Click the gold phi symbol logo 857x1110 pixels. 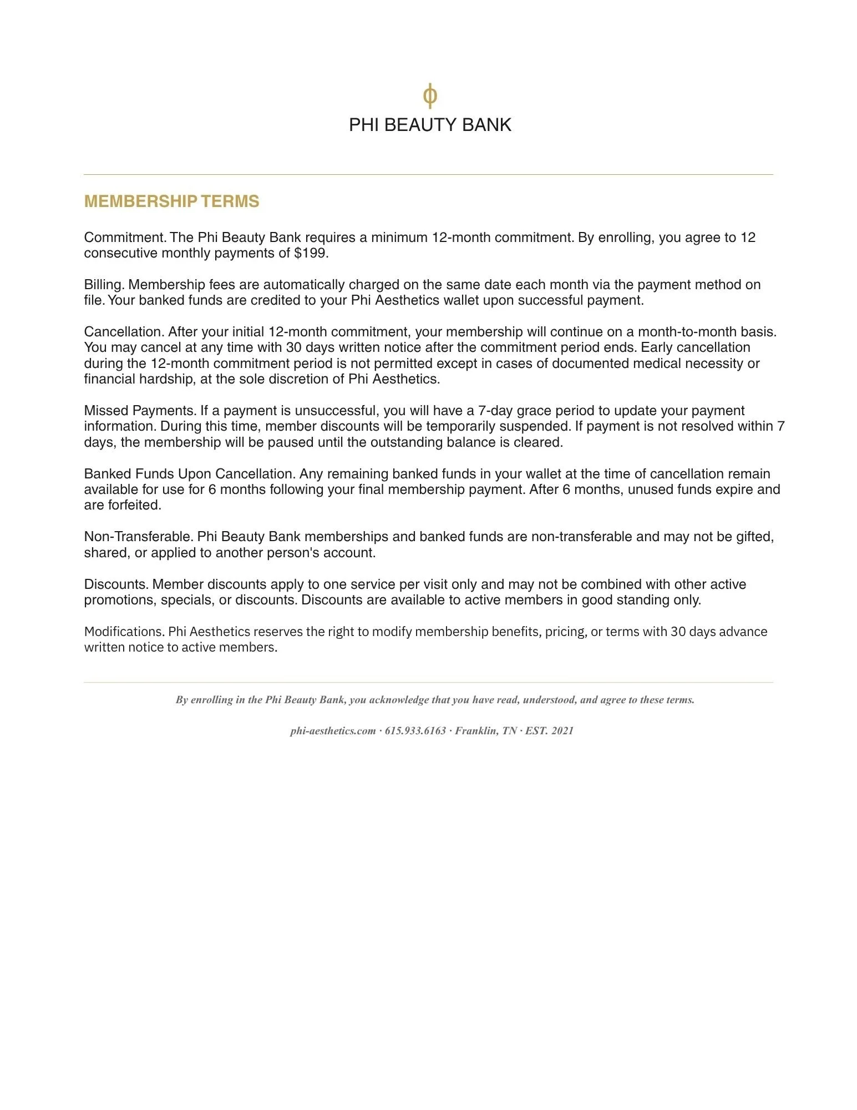pyautogui.click(x=430, y=95)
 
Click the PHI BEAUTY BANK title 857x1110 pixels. pyautogui.click(x=430, y=125)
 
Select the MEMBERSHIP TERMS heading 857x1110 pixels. pyautogui.click(x=171, y=201)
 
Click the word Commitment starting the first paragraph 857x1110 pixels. pyautogui.click(x=125, y=238)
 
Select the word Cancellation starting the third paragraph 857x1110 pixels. pyautogui.click(x=124, y=332)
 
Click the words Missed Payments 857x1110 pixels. pyautogui.click(x=140, y=411)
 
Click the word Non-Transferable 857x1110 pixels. pyautogui.click(x=138, y=537)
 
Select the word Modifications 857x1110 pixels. pyautogui.click(x=124, y=632)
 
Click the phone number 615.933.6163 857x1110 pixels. pyautogui.click(x=415, y=731)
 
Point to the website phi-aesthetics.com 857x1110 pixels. pyautogui.click(x=333, y=731)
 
